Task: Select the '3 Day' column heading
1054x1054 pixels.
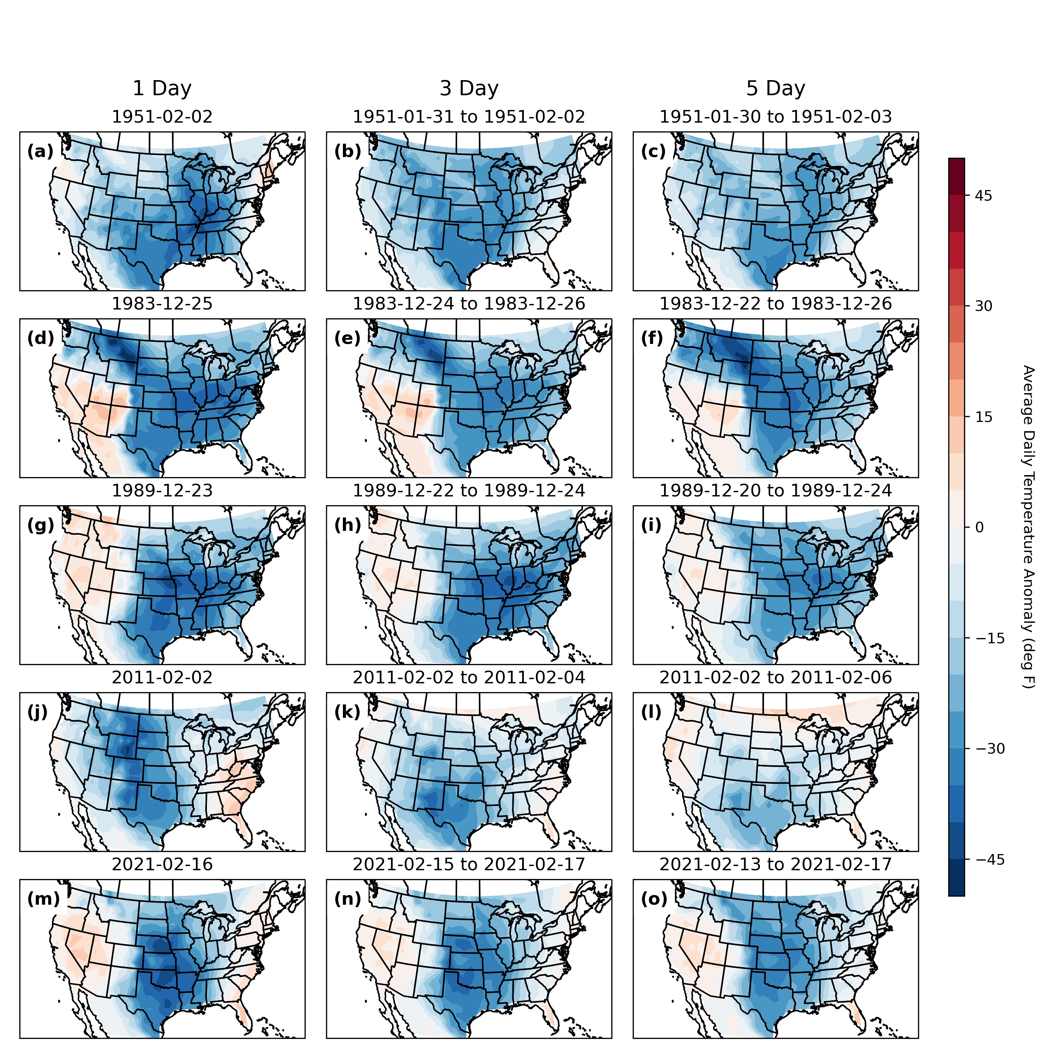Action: [x=469, y=89]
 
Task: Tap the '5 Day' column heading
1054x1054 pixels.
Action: [x=776, y=89]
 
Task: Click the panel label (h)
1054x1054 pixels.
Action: [x=347, y=525]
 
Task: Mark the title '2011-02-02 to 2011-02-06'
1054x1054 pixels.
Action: [x=776, y=678]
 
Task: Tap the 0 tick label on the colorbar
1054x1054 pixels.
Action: [x=979, y=528]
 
